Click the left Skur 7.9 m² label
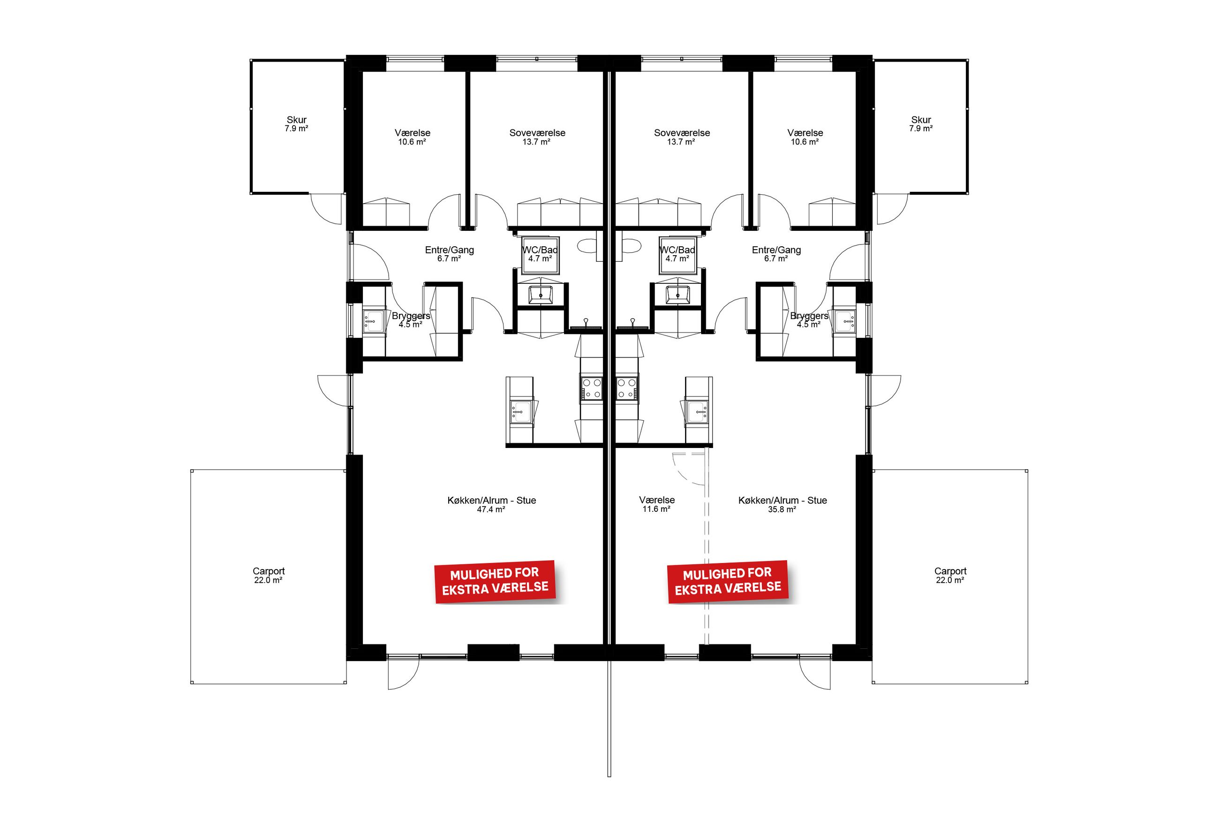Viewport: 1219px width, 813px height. [297, 124]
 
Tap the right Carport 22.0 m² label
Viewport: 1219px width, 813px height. [950, 576]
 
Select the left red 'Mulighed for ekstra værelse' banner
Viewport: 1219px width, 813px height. [495, 581]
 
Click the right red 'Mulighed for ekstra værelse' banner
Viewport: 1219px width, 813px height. [728, 581]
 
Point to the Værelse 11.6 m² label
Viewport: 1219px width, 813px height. [657, 504]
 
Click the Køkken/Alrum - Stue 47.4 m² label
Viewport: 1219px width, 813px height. [492, 504]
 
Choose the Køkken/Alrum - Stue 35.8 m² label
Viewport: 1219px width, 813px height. [783, 504]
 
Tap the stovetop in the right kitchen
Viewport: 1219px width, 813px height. [627, 388]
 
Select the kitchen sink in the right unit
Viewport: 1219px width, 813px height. [697, 412]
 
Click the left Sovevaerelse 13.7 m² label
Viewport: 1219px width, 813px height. [537, 137]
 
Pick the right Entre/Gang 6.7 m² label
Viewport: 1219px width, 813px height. [776, 254]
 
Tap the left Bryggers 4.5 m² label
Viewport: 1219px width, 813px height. [411, 320]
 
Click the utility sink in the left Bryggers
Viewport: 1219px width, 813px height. [373, 321]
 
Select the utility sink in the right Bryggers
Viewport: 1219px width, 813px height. [845, 321]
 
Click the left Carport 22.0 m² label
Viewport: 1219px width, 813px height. [268, 576]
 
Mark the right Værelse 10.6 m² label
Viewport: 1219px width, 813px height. [805, 137]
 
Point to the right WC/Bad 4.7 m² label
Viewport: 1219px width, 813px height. [677, 254]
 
